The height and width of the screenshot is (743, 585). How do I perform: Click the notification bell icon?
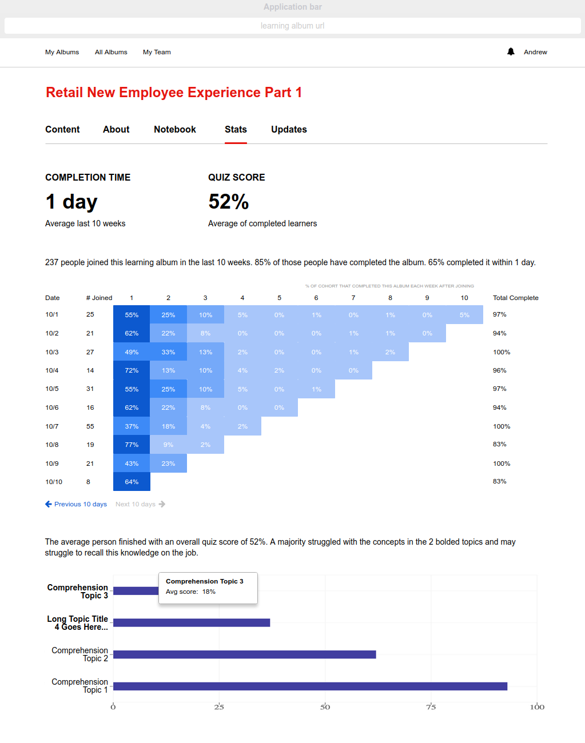[x=510, y=52]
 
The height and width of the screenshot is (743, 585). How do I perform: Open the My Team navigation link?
[x=157, y=52]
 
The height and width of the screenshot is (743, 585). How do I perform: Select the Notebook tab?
[x=174, y=130]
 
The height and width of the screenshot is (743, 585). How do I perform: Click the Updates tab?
[x=289, y=130]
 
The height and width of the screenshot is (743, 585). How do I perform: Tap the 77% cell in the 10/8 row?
[x=132, y=445]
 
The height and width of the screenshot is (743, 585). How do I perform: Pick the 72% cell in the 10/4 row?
[x=132, y=370]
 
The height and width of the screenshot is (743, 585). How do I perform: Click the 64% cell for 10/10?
[x=132, y=482]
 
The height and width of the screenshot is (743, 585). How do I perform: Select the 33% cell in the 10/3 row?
[x=168, y=352]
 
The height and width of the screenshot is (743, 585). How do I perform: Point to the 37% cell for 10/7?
[x=132, y=426]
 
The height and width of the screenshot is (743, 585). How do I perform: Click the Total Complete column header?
[x=516, y=298]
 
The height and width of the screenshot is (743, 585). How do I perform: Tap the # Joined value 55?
[x=90, y=426]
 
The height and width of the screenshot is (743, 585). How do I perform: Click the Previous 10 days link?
[x=76, y=504]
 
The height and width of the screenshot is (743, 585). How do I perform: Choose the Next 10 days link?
[x=140, y=504]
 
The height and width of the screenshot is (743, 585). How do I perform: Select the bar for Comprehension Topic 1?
[x=311, y=686]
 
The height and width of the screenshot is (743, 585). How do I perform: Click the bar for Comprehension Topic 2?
[x=245, y=654]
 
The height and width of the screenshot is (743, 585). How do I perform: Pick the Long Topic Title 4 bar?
[x=192, y=622]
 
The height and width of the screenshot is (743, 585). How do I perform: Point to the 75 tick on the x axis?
[x=431, y=707]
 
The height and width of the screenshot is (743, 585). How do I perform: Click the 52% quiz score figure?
[x=228, y=202]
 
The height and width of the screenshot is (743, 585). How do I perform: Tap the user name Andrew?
[x=535, y=52]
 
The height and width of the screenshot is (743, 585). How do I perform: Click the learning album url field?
[x=292, y=26]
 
